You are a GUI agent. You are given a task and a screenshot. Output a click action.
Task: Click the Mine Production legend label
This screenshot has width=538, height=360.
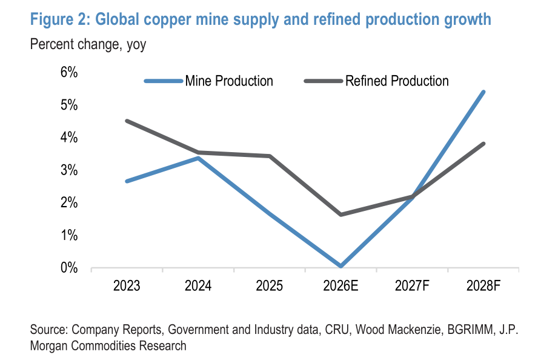tap(229, 81)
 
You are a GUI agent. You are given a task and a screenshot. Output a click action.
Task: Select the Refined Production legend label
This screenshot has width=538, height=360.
tap(397, 81)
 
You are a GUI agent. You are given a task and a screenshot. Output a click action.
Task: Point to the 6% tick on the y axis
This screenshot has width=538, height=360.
tap(69, 72)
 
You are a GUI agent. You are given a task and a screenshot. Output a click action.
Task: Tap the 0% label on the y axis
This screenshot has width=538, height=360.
tap(69, 268)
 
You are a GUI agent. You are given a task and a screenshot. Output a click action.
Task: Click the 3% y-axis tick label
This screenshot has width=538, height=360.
tap(69, 170)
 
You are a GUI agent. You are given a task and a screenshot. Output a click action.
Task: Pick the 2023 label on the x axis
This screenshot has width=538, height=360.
tap(127, 285)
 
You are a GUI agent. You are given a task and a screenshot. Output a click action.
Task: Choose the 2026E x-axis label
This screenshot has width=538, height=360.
tap(340, 285)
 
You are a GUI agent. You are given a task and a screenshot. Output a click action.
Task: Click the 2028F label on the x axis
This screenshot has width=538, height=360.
tap(483, 285)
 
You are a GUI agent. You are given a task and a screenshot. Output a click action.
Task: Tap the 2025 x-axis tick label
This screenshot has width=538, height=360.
tap(270, 285)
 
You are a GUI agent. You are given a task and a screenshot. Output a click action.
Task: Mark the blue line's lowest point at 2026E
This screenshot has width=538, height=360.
tap(340, 265)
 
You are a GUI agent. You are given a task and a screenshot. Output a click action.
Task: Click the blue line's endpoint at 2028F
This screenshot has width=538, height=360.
tap(483, 92)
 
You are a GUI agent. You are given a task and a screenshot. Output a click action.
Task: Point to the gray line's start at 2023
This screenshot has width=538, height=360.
tap(127, 121)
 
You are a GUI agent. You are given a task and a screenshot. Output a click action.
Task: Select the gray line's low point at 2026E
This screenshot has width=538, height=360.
tap(340, 215)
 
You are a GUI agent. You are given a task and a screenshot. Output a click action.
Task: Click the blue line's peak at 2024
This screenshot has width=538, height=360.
tap(198, 158)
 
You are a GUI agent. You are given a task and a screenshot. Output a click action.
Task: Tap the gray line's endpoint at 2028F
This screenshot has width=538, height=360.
tap(483, 144)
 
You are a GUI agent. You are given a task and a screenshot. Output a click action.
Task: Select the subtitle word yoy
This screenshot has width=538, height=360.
tap(136, 45)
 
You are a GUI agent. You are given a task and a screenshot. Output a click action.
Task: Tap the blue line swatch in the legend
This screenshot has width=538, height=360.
tap(164, 81)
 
